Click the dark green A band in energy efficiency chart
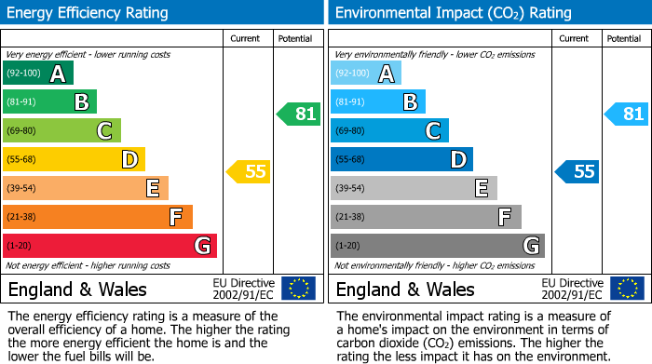tap(37, 74)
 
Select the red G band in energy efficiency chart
tap(109, 246)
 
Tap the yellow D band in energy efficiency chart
tap(74, 159)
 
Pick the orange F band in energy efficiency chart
tap(97, 217)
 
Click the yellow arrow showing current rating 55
tap(248, 171)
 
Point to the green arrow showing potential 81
tap(299, 115)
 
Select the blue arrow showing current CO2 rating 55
tap(577, 171)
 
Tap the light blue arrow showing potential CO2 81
tap(627, 115)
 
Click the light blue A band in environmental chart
tap(366, 74)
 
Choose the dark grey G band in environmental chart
tap(437, 246)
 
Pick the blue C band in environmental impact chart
tap(389, 130)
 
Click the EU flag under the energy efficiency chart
tap(298, 289)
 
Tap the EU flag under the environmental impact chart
tap(626, 289)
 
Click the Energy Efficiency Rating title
tap(88, 13)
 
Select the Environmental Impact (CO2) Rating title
tap(453, 13)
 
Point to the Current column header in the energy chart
tap(245, 38)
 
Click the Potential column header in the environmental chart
tap(623, 38)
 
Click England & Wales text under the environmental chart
tap(405, 290)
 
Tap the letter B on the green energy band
tap(81, 102)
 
